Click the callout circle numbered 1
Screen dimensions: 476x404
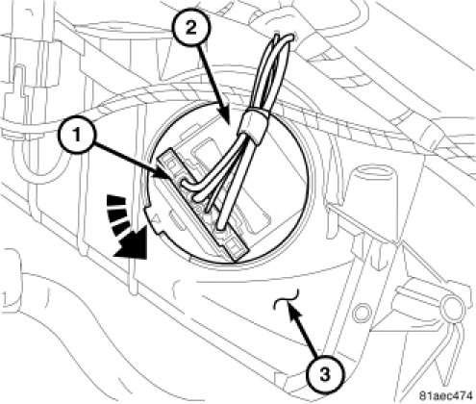click(77, 136)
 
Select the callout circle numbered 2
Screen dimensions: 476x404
click(191, 29)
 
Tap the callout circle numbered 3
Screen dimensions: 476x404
click(325, 374)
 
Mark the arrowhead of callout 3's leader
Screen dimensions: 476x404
click(290, 310)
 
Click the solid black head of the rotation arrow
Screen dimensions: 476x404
click(132, 242)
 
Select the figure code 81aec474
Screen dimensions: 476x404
click(446, 394)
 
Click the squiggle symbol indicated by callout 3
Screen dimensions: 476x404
click(286, 299)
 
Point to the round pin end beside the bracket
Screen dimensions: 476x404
click(451, 307)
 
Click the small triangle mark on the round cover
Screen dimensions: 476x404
click(157, 220)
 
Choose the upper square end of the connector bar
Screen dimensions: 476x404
click(168, 162)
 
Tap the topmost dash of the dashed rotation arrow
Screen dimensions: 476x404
click(117, 200)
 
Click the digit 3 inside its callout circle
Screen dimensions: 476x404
click(325, 374)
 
